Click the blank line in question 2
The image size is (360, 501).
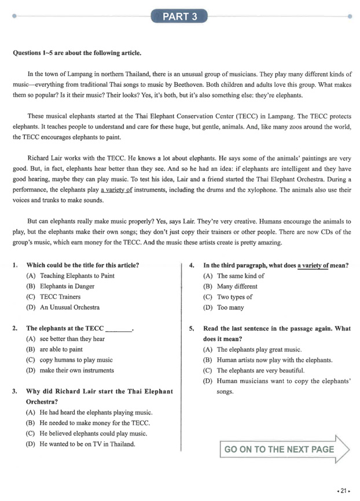click(119, 329)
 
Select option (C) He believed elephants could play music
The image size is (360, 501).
click(93, 433)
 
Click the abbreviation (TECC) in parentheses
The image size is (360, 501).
click(219, 116)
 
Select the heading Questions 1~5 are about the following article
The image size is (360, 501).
click(76, 53)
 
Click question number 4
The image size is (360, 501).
click(192, 266)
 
